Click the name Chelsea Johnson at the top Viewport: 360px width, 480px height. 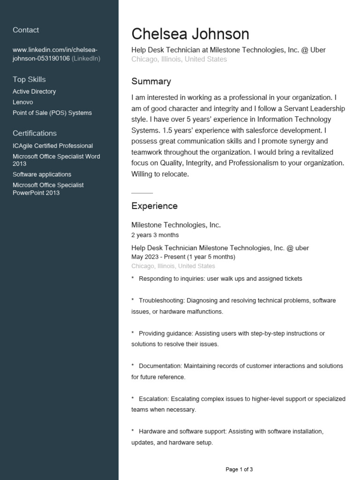click(x=190, y=34)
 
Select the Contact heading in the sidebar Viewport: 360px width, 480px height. click(x=26, y=30)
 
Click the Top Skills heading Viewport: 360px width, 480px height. click(x=29, y=79)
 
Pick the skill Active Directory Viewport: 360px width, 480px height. click(x=34, y=91)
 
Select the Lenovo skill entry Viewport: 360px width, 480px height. click(x=22, y=102)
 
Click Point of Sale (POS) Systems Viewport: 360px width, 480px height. click(x=52, y=113)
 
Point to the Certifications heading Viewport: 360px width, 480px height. click(x=35, y=133)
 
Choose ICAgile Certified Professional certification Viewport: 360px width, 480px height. click(x=52, y=146)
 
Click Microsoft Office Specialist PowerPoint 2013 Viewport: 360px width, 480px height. click(x=48, y=189)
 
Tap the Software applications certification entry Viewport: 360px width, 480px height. click(x=42, y=174)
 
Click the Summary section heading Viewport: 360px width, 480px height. click(x=151, y=82)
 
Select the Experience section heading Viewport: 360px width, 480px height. click(x=154, y=206)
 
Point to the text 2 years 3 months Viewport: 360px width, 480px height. click(x=155, y=235)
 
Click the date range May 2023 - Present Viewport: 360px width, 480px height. click(x=158, y=257)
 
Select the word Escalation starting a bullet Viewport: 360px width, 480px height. click(x=154, y=399)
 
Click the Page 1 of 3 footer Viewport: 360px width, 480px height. click(x=239, y=469)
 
